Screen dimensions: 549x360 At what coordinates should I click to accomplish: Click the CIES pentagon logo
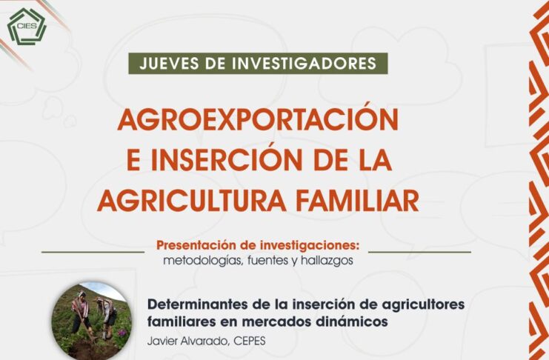point(27,27)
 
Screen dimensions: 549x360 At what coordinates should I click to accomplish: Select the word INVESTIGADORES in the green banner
point(304,64)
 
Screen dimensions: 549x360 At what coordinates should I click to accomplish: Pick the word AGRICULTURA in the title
point(192,201)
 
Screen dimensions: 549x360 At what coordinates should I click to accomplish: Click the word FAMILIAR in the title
point(363,201)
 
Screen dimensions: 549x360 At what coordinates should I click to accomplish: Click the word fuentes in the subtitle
point(267,261)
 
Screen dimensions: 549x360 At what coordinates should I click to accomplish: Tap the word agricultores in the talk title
point(423,304)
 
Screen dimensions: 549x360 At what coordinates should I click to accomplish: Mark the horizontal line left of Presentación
point(93,251)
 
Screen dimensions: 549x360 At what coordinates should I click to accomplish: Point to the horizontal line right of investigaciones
point(420,251)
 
